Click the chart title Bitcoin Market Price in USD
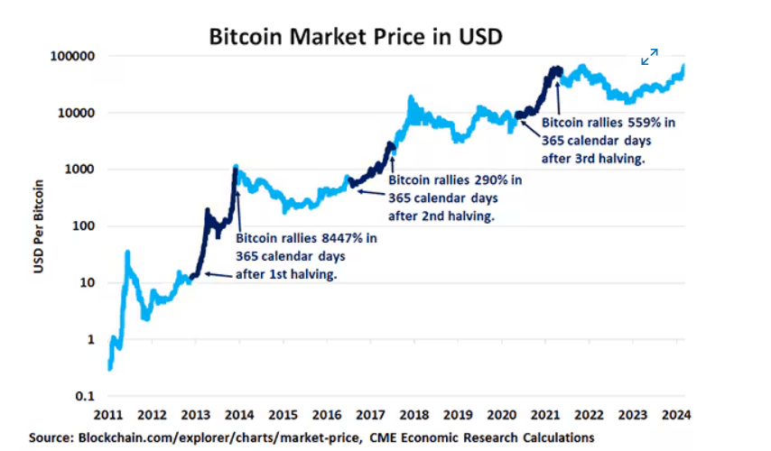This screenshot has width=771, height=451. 356,37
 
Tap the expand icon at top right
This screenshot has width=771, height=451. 649,57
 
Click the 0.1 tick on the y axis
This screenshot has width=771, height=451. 83,396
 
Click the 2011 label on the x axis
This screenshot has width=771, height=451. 108,416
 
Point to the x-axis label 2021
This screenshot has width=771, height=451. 545,416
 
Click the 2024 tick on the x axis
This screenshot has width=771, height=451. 675,416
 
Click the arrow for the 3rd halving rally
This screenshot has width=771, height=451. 559,98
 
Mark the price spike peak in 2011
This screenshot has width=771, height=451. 127,253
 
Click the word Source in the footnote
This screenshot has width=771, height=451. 52,437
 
